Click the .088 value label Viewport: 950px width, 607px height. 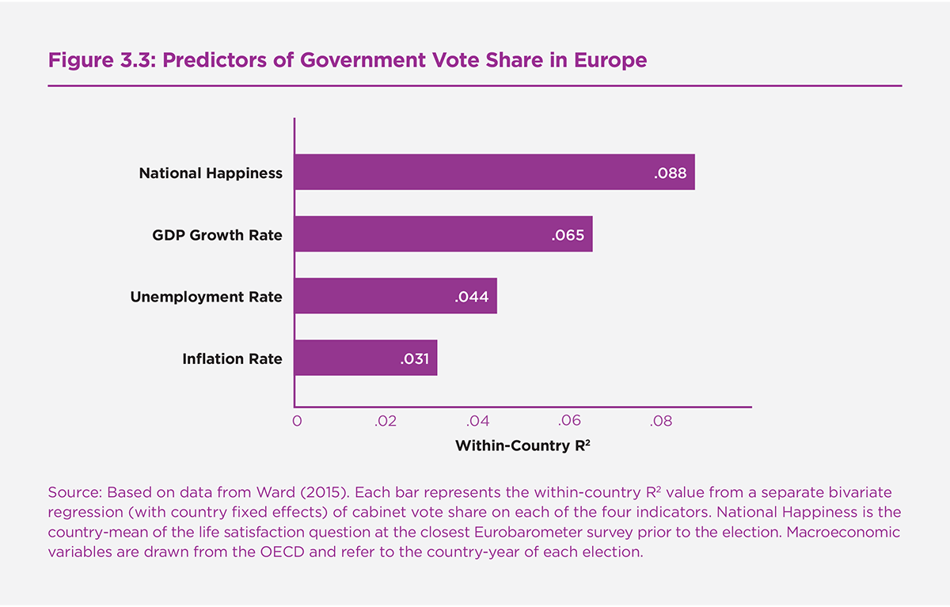pyautogui.click(x=670, y=173)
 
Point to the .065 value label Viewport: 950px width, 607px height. pyautogui.click(x=568, y=235)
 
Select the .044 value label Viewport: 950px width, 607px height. pyautogui.click(x=472, y=297)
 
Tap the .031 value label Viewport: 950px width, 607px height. pyautogui.click(x=413, y=359)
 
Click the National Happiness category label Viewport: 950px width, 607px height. pyautogui.click(x=211, y=173)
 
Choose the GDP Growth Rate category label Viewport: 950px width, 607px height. pyautogui.click(x=217, y=235)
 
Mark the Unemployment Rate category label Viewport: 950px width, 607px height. pyautogui.click(x=206, y=297)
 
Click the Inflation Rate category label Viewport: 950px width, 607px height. pyautogui.click(x=232, y=359)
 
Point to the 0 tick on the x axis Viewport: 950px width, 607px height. pyautogui.click(x=297, y=422)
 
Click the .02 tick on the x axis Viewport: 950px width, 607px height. pyautogui.click(x=385, y=422)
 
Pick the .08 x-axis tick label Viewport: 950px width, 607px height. pyautogui.click(x=660, y=422)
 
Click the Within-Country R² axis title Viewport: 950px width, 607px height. pyautogui.click(x=523, y=446)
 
